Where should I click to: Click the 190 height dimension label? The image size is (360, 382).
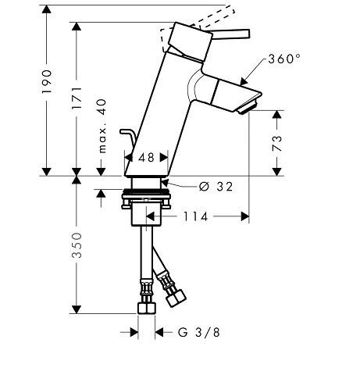47,81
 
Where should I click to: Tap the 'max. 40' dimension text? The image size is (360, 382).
102,126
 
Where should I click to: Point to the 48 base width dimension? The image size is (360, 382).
146,158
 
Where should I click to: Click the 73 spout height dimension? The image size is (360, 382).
277,143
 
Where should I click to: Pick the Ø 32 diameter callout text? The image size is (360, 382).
216,187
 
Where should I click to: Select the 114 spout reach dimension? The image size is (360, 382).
196,216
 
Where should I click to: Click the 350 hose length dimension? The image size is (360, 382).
77,245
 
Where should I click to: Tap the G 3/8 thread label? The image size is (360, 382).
199,333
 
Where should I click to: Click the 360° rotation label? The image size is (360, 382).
284,59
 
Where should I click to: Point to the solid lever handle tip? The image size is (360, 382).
248,34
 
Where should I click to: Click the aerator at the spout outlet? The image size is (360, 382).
248,105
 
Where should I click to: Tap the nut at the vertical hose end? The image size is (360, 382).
147,308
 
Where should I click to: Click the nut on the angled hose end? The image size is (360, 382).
176,298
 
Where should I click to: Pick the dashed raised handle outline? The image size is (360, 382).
197,25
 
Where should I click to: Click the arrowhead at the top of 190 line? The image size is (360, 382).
47,9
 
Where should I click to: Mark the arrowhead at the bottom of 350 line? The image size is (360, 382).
77,309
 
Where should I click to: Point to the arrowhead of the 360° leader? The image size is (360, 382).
244,81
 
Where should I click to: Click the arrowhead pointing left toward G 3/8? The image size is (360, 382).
159,332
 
